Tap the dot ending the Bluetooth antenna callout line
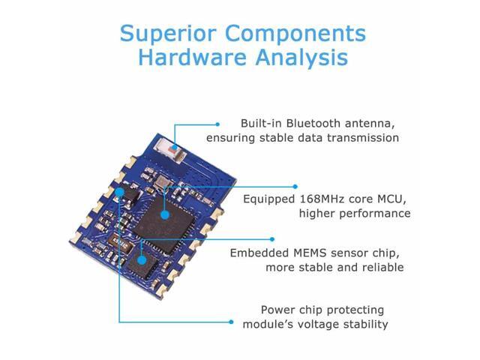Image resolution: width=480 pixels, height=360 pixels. point(217,124)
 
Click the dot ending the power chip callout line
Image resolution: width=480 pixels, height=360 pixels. point(231,322)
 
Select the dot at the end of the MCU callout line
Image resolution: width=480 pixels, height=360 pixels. point(295,187)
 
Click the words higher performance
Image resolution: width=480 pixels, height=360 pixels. point(354,214)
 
